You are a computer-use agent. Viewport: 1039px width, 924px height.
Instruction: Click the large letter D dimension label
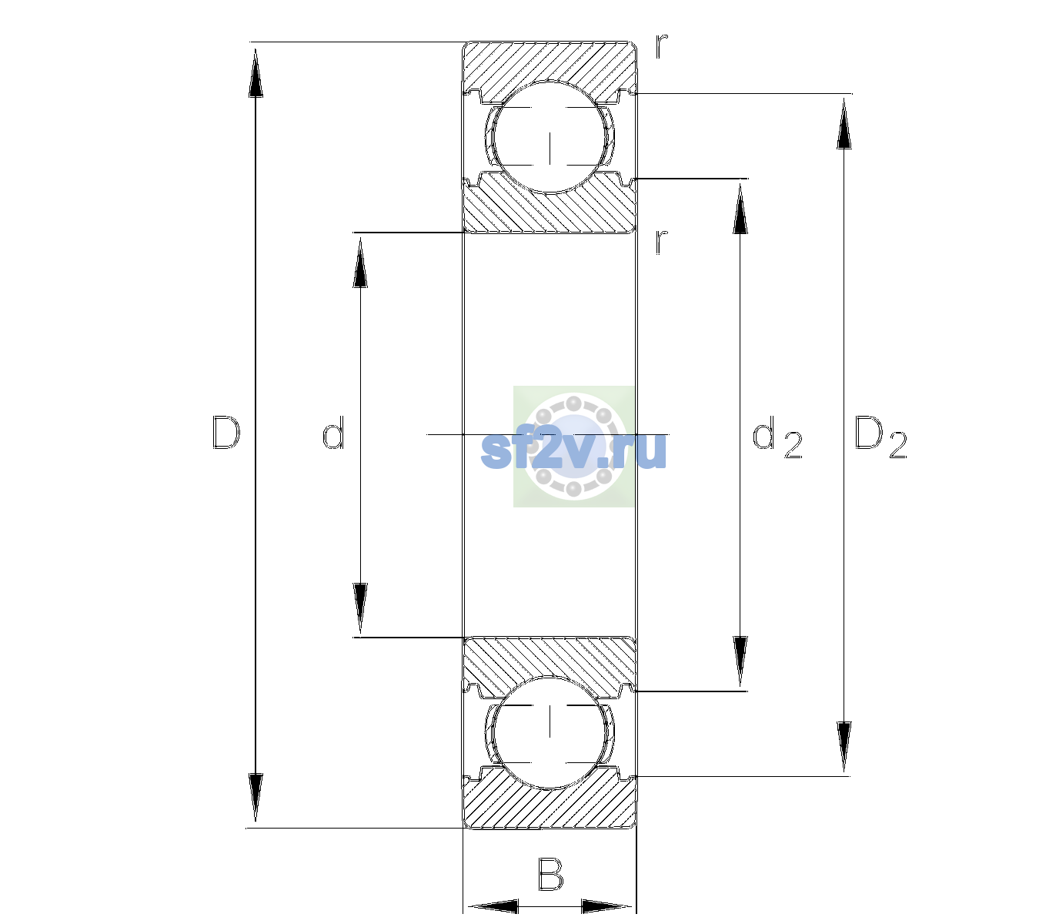[x=226, y=433]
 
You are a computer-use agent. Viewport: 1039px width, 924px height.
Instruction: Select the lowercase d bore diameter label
[x=333, y=432]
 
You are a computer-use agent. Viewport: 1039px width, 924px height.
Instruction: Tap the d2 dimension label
[x=777, y=437]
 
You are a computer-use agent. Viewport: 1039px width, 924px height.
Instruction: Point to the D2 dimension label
[x=880, y=437]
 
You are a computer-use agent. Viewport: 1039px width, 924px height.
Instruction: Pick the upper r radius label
[x=662, y=45]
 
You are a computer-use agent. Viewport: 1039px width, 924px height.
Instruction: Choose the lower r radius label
[x=662, y=242]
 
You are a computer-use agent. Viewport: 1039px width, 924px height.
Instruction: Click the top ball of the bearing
[x=550, y=137]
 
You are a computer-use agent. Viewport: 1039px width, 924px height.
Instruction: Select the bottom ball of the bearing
[x=550, y=731]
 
